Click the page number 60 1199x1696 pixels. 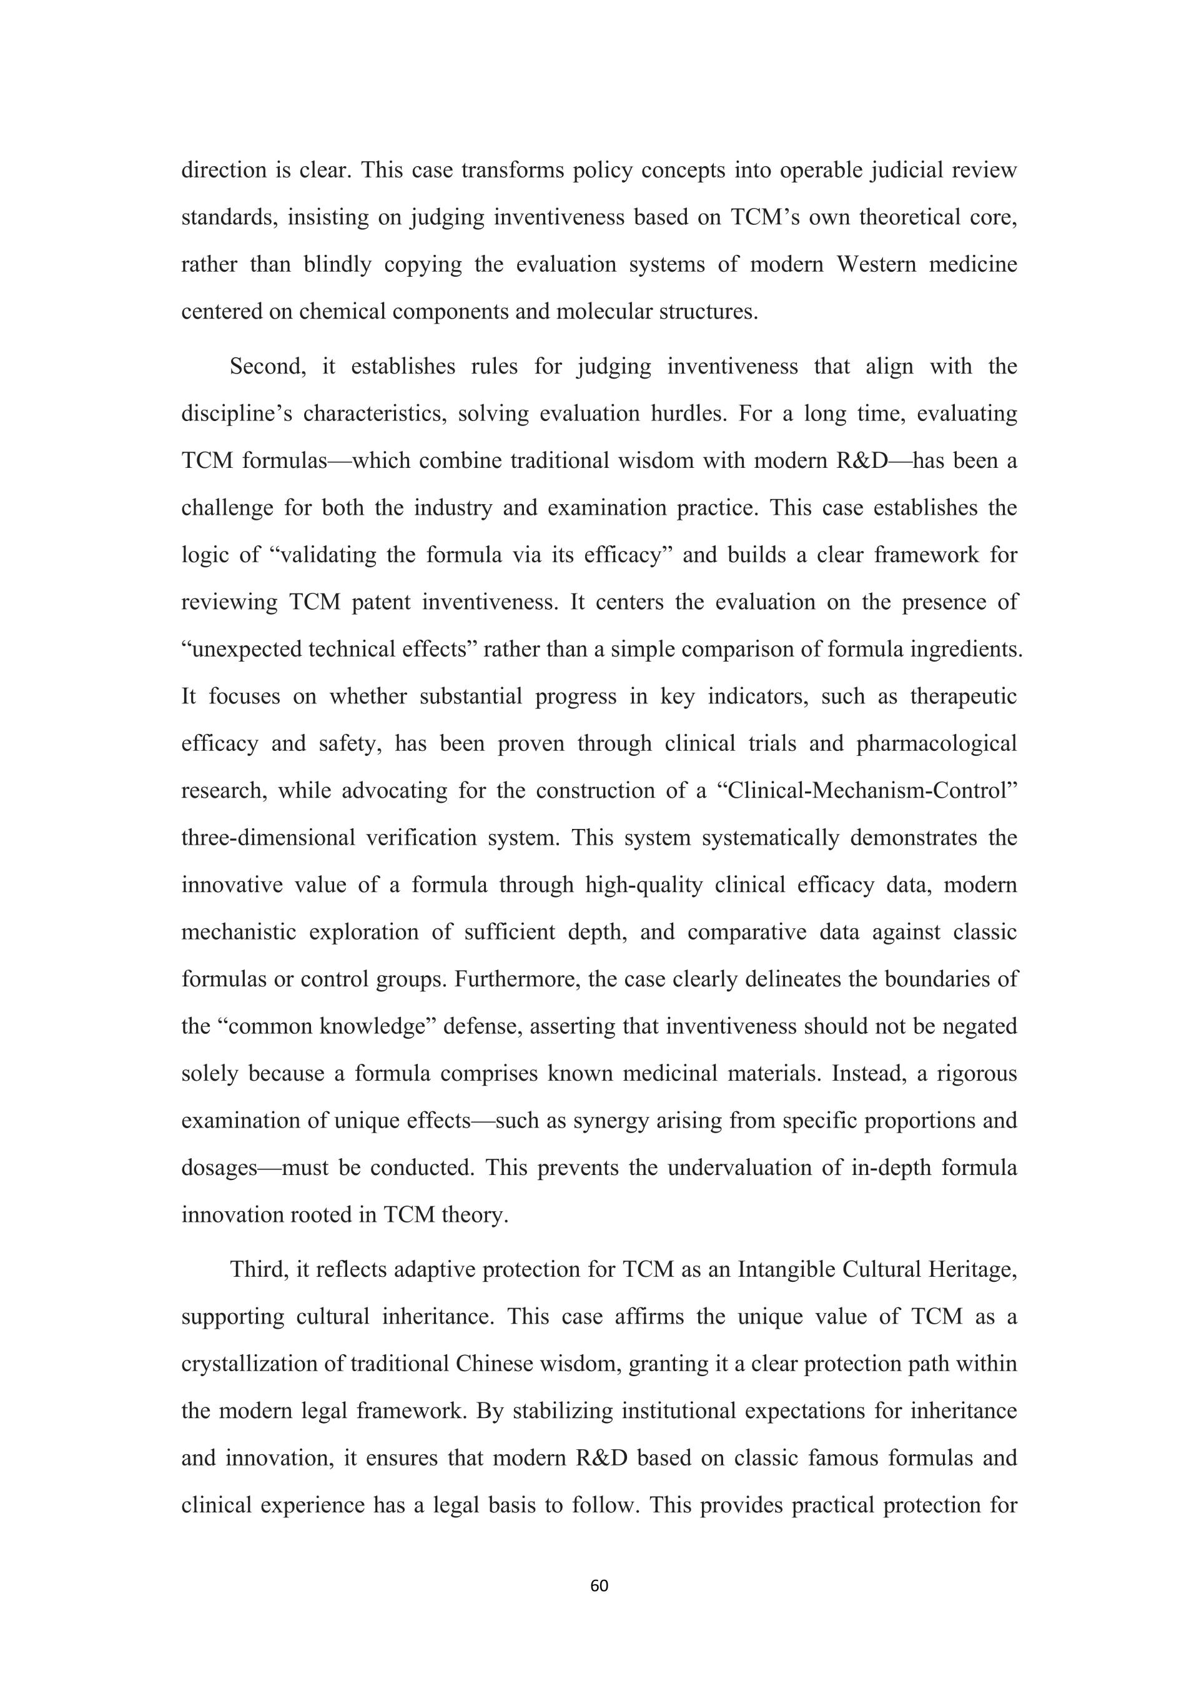599,1586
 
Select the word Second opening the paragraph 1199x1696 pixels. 267,367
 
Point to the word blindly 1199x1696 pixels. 337,264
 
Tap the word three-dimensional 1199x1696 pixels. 268,838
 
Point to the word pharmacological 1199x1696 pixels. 936,743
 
